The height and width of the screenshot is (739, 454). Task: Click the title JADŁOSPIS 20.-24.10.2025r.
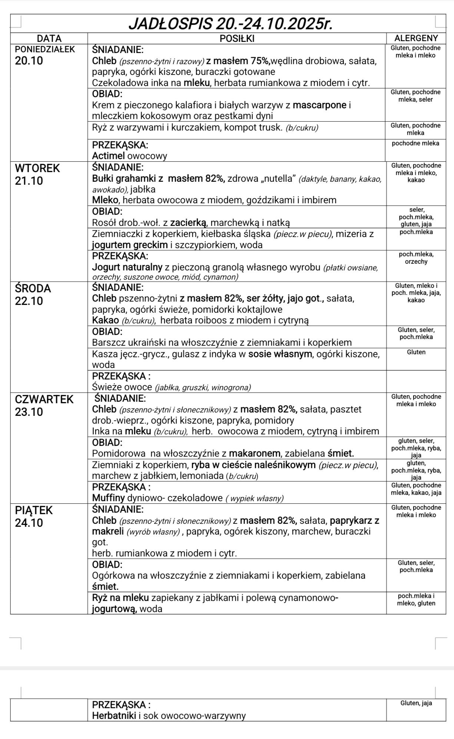[x=230, y=24]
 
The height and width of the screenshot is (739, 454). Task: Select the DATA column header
[x=49, y=38]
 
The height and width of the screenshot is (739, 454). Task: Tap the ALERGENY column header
[x=416, y=38]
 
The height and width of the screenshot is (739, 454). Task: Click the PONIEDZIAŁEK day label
[x=44, y=49]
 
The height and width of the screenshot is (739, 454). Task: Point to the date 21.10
[x=29, y=181]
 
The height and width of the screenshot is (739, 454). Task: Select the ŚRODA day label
[x=33, y=288]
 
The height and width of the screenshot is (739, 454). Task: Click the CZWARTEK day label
[x=44, y=399]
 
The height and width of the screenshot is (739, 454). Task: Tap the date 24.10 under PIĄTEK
[x=29, y=523]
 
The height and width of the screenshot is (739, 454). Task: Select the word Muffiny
[x=108, y=498]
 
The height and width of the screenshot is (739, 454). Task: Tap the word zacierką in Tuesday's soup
[x=188, y=223]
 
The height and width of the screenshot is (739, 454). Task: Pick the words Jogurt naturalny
[x=127, y=267]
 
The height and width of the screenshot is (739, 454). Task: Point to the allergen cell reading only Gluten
[x=416, y=352]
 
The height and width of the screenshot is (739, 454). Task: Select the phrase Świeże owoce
[x=122, y=387]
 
